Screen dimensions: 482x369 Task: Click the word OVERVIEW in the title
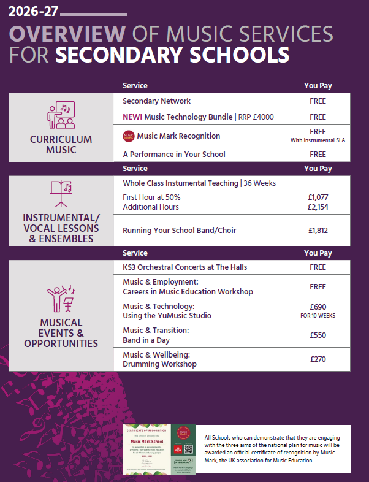click(67, 34)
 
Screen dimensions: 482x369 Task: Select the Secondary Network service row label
click(156, 101)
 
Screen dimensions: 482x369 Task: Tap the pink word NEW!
click(132, 117)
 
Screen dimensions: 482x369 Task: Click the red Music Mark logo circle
click(128, 136)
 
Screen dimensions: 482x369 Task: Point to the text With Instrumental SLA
click(318, 140)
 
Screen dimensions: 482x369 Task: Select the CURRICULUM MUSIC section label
click(61, 144)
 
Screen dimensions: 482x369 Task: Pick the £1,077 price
click(318, 197)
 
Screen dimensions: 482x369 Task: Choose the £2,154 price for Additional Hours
click(318, 207)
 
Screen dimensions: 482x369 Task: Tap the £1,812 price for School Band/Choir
click(318, 231)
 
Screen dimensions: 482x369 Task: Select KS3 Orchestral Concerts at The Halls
click(184, 267)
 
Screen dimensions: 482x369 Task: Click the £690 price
click(318, 307)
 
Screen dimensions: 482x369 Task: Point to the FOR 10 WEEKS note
click(318, 316)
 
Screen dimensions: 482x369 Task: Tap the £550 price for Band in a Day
click(318, 335)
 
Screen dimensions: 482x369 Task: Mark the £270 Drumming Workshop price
click(318, 359)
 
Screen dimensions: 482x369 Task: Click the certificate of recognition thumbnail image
click(160, 449)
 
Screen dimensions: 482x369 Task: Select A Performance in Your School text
click(173, 155)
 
